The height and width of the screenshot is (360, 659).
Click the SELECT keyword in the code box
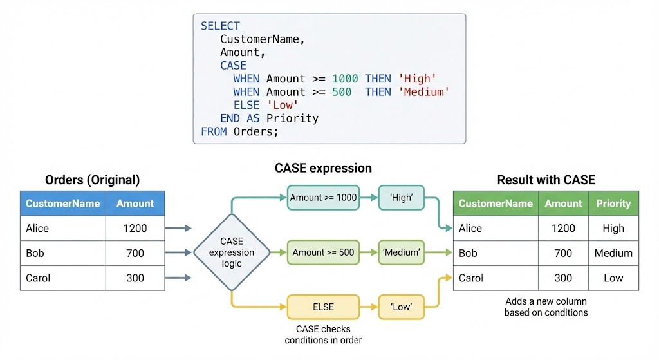220,26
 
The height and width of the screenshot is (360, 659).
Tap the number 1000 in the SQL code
345,79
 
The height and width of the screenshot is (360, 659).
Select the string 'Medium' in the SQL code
424,92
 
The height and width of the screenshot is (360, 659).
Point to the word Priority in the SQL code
292,118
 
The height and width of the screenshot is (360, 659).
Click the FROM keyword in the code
214,131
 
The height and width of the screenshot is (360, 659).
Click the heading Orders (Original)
92,180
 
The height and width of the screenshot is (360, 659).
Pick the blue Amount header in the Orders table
135,204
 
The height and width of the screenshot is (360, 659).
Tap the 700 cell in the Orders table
135,253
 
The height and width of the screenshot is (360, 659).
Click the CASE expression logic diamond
232,252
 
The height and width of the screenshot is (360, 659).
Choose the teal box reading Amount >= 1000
323,198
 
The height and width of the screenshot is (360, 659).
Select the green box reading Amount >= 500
323,252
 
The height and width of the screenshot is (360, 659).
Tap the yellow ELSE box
323,307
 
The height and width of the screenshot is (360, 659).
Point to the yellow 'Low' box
402,307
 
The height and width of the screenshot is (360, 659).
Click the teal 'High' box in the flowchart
402,198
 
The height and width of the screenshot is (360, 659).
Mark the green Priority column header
613,204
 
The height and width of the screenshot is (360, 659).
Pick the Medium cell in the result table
613,253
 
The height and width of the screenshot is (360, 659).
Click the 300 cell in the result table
563,278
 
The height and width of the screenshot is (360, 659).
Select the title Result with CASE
546,180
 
